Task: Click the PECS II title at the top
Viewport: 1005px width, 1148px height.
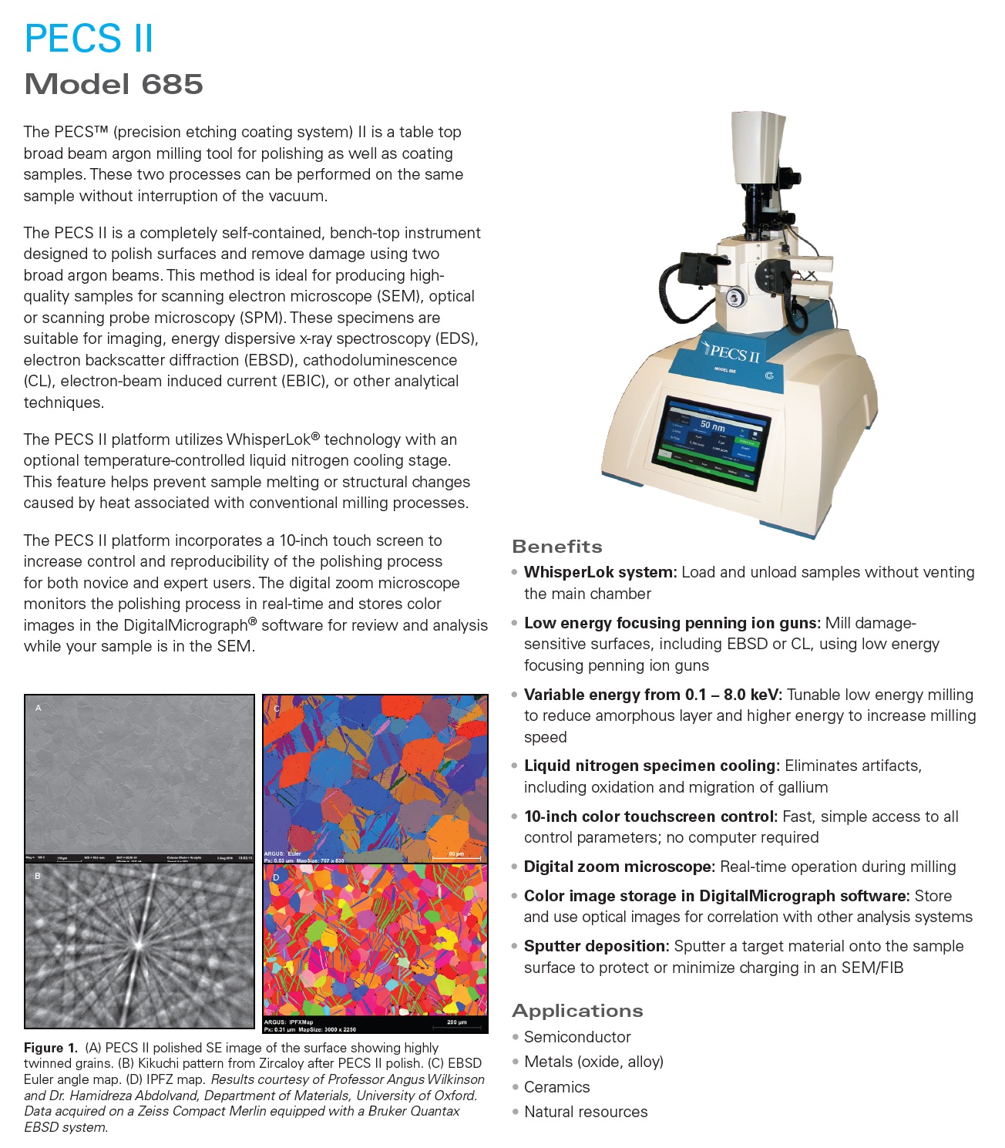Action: click(89, 39)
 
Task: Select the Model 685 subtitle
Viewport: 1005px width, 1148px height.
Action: click(113, 84)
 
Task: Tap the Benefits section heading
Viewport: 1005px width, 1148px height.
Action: click(557, 547)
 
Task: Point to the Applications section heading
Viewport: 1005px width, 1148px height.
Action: click(577, 1011)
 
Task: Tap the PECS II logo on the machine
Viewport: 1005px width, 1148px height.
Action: click(731, 352)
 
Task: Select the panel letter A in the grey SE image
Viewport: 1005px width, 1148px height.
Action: click(39, 708)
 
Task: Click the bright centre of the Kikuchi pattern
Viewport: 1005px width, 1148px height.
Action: click(139, 944)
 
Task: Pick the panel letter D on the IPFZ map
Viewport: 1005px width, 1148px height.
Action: click(276, 877)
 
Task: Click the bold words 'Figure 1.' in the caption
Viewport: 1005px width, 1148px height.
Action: click(51, 1048)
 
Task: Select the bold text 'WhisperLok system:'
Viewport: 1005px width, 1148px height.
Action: click(600, 572)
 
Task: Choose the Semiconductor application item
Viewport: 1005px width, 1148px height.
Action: click(577, 1037)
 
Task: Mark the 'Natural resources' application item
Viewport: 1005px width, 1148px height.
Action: click(586, 1112)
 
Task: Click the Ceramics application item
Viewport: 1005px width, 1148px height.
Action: click(556, 1087)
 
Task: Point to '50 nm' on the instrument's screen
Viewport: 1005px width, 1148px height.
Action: click(711, 426)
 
